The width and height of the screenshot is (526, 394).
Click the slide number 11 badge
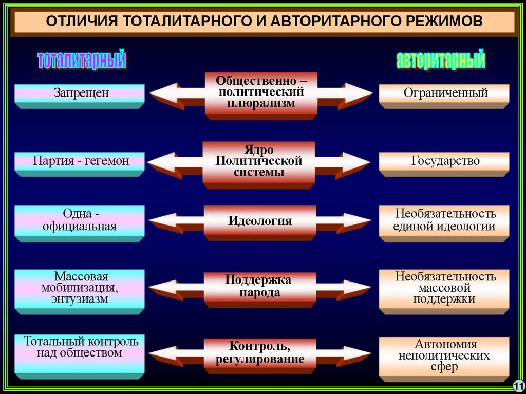[x=518, y=385]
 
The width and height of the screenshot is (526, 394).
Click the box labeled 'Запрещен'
[x=79, y=95]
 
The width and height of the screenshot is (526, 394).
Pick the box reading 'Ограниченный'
[x=444, y=95]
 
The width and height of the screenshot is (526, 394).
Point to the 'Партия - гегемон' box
[x=79, y=162]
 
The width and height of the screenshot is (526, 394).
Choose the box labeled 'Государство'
[x=444, y=162]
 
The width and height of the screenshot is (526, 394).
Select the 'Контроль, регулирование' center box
[x=260, y=354]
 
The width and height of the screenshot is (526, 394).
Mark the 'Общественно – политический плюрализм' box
[x=260, y=93]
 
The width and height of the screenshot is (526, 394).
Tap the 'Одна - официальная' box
[x=79, y=221]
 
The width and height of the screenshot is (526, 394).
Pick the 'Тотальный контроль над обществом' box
[x=79, y=353]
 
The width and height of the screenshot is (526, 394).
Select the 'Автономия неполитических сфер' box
[x=444, y=356]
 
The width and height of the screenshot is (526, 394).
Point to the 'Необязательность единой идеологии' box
[x=444, y=221]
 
